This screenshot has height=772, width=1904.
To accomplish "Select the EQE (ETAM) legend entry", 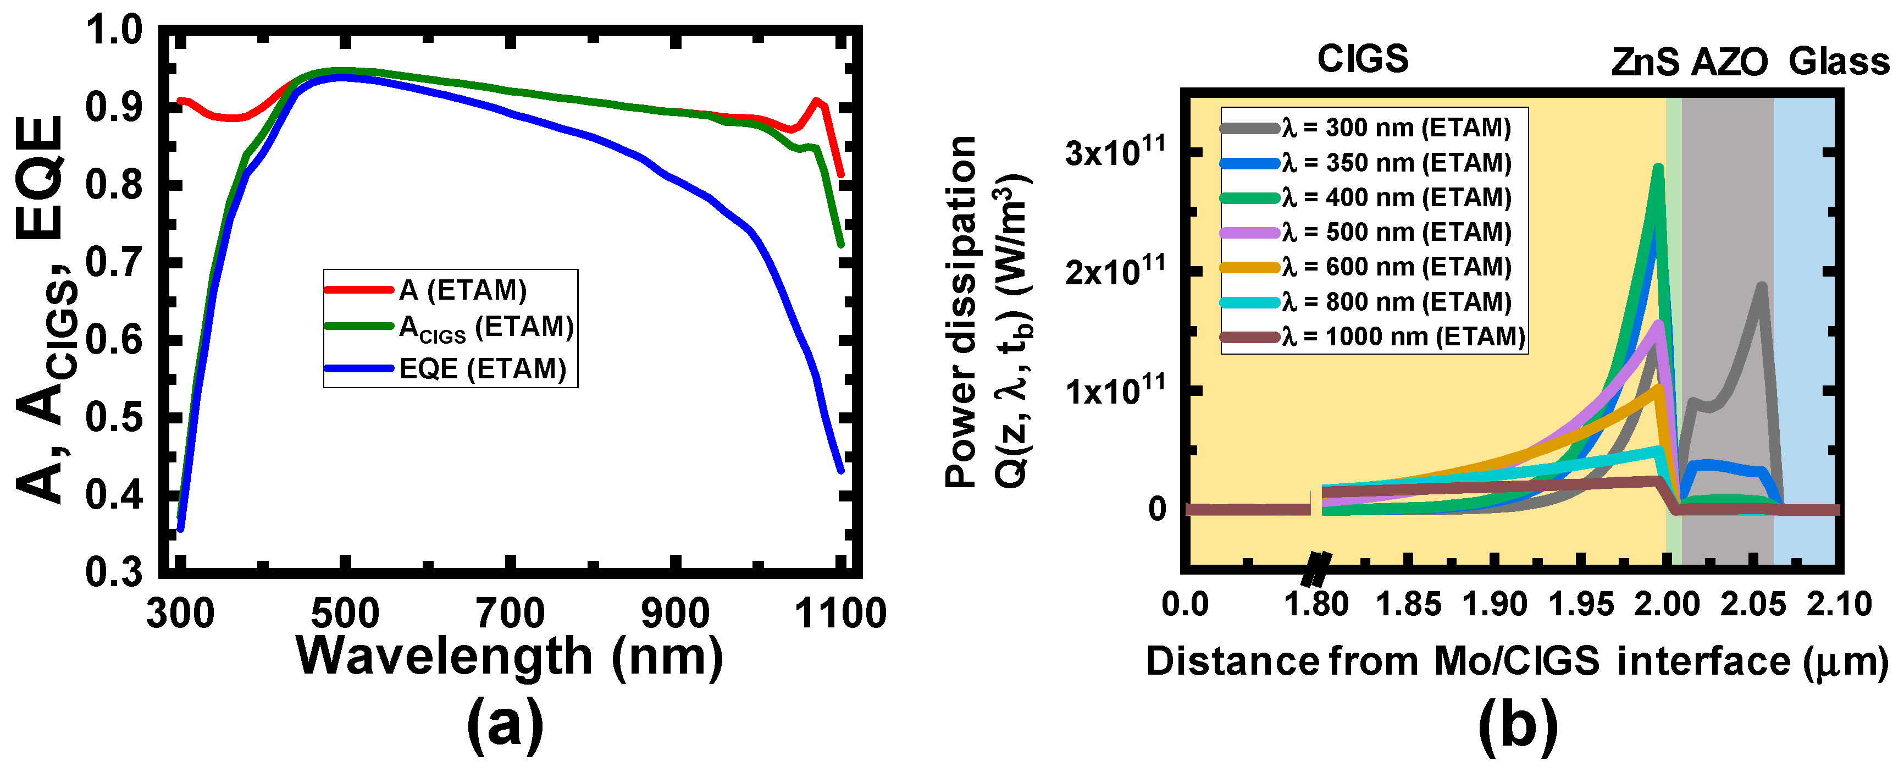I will point(482,368).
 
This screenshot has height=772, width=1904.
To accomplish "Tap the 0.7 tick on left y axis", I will point(114,262).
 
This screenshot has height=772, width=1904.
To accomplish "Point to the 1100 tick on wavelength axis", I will point(840,614).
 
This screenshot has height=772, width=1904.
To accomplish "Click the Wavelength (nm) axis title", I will point(510,657).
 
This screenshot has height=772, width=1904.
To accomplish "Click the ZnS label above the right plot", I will point(1645,62).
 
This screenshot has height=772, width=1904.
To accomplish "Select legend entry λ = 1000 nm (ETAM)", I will point(1403,337).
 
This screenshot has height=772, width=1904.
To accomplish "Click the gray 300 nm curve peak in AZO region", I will point(1761,286).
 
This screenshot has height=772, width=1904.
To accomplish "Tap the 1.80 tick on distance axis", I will point(1316,605).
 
